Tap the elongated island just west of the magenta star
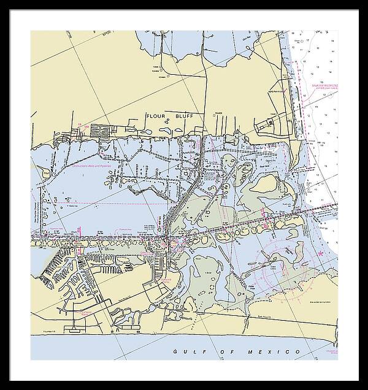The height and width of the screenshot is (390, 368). point(299,252)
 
